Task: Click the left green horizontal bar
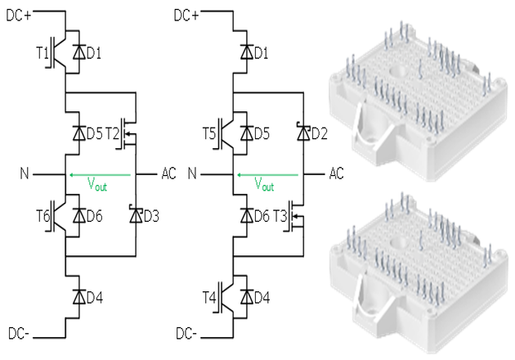click(100, 178)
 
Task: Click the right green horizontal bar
click(267, 178)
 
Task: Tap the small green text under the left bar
click(97, 187)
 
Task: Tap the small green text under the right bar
click(265, 187)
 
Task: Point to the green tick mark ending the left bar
click(133, 178)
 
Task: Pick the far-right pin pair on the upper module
click(491, 83)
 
